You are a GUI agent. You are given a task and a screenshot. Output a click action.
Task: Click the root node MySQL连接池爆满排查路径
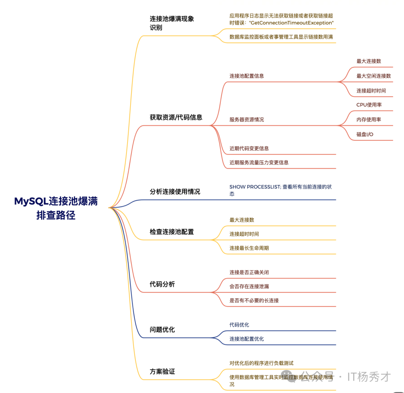[x=56, y=208]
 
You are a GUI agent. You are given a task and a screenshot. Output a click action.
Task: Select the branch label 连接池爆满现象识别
[x=172, y=23]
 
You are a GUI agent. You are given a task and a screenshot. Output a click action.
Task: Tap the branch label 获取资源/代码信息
[x=176, y=117]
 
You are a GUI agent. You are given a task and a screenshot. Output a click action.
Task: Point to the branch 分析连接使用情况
[x=175, y=192]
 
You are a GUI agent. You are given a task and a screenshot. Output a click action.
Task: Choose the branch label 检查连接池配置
[x=172, y=232]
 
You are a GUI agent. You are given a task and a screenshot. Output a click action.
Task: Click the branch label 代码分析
[x=162, y=284]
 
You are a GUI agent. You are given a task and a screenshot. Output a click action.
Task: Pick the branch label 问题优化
[x=162, y=330]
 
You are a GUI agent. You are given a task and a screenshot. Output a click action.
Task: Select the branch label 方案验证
[x=162, y=372]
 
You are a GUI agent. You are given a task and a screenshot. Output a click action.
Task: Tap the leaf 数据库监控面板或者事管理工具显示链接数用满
[x=281, y=37]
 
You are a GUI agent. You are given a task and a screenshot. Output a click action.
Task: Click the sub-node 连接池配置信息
[x=247, y=76]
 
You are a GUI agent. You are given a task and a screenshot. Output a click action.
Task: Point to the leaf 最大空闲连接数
[x=373, y=76]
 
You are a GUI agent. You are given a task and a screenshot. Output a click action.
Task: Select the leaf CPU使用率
[x=369, y=105]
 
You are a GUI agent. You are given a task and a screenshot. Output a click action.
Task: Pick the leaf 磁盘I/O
[x=365, y=134]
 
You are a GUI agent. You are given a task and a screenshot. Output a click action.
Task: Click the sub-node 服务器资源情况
[x=247, y=119]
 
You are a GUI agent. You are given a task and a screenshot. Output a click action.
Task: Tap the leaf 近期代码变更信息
[x=249, y=148]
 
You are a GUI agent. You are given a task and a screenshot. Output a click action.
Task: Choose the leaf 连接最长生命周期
[x=249, y=248]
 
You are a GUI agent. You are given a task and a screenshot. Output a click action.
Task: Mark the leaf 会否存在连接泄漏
[x=249, y=286]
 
